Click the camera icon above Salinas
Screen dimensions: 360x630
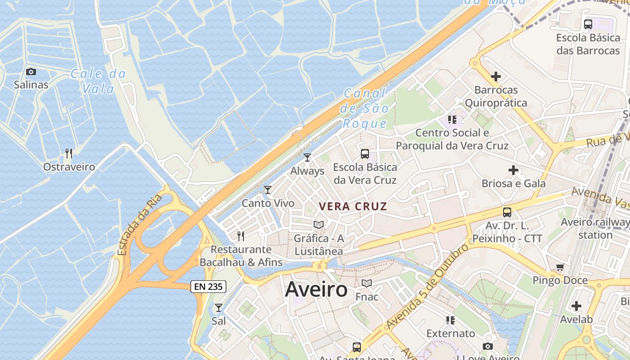pyautogui.click(x=31, y=72)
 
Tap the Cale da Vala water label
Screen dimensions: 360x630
pyautogui.click(x=98, y=81)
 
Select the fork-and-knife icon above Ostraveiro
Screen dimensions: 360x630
pyautogui.click(x=69, y=153)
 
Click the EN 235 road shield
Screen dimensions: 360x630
pyautogui.click(x=208, y=287)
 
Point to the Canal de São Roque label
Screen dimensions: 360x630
pyautogui.click(x=364, y=108)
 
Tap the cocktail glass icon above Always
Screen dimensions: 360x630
pyautogui.click(x=307, y=157)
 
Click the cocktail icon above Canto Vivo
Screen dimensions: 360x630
pyautogui.click(x=268, y=190)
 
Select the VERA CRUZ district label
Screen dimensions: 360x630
pyautogui.click(x=353, y=207)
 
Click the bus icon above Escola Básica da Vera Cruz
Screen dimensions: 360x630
pyautogui.click(x=365, y=154)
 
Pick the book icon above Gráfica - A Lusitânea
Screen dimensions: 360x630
pyautogui.click(x=319, y=225)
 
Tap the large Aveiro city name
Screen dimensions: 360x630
pyautogui.click(x=316, y=289)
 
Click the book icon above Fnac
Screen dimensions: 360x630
pyautogui.click(x=367, y=283)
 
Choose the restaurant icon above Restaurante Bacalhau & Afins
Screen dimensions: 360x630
pyautogui.click(x=241, y=236)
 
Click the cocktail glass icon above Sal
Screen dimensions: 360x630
pyautogui.click(x=219, y=308)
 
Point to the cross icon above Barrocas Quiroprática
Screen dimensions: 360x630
pyautogui.click(x=496, y=76)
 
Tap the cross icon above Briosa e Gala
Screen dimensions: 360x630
pyautogui.click(x=513, y=170)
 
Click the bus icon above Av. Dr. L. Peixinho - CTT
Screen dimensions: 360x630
pyautogui.click(x=507, y=212)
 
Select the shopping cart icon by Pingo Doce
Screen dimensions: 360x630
pyautogui.click(x=560, y=267)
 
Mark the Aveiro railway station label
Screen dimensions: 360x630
pyautogui.click(x=595, y=228)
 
